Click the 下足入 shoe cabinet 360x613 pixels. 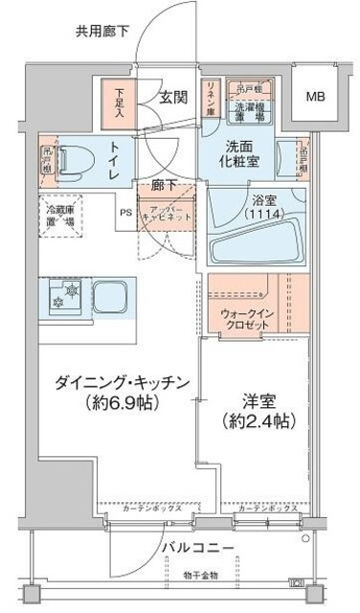pos(120,102)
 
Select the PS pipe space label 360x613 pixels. pos(125,213)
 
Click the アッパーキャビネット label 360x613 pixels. pos(167,213)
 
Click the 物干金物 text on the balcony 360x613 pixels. pos(203,575)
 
